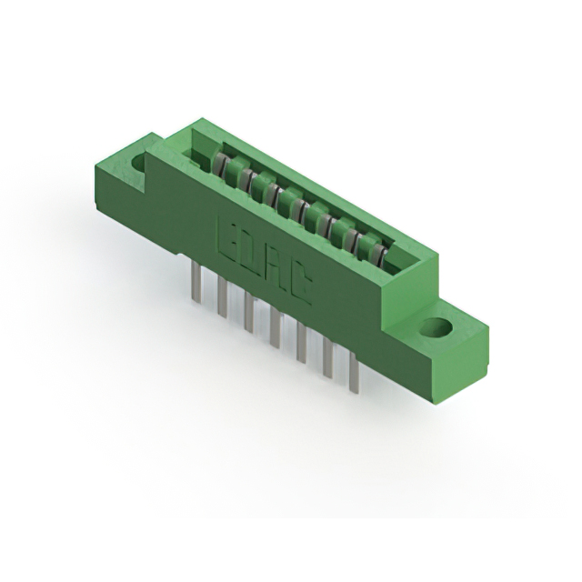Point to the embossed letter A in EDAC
276,276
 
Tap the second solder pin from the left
222,297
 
